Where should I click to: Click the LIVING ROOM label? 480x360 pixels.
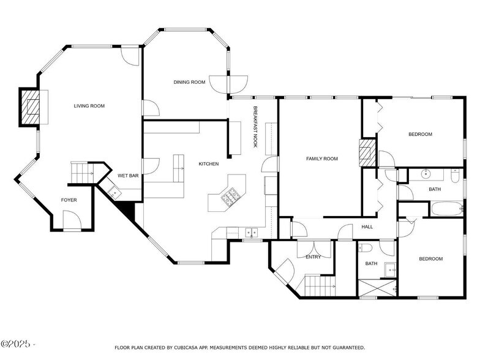point(89,106)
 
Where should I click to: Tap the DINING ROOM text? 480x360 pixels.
point(189,82)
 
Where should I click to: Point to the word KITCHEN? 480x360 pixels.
point(208,163)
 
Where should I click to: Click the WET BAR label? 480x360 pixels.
point(127,176)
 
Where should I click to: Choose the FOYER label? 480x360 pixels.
point(69,200)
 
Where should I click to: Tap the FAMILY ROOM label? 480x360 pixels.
point(322,159)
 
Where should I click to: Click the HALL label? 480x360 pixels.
point(367,227)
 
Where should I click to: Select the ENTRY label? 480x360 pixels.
point(313,257)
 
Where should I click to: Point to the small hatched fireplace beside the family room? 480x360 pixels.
point(366,151)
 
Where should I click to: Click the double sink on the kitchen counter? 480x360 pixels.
point(251,233)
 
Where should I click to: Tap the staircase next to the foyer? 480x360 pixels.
point(81,172)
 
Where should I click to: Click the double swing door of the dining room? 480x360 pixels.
point(228,82)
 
